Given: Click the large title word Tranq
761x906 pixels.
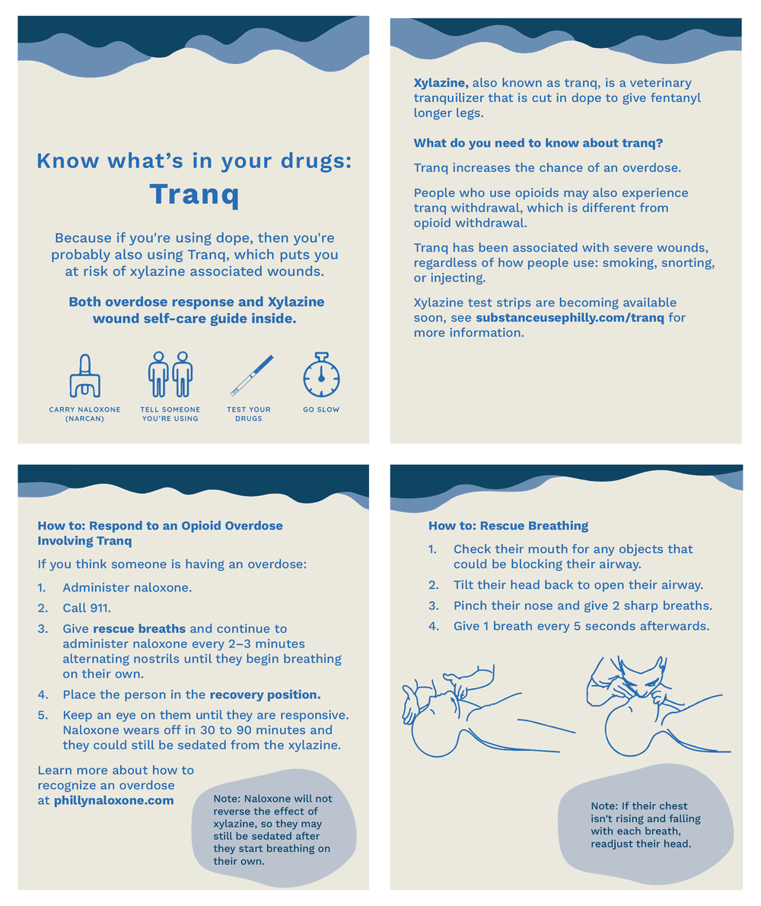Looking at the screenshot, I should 194,194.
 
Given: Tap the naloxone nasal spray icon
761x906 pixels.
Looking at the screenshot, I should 84,376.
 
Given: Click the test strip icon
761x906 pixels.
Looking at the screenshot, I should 252,376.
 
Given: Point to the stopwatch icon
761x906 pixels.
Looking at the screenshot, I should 321,374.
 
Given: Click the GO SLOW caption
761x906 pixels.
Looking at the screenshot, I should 321,409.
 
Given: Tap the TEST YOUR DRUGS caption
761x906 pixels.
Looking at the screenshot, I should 249,414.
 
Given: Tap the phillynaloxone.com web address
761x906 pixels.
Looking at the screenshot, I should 113,800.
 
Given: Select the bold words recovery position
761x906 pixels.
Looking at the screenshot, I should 265,695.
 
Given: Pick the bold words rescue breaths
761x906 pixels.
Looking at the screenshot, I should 139,629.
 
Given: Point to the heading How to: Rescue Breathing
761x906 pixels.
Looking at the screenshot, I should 508,526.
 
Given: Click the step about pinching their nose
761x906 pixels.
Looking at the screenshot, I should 582,606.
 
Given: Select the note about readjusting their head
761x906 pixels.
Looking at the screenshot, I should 645,825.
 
